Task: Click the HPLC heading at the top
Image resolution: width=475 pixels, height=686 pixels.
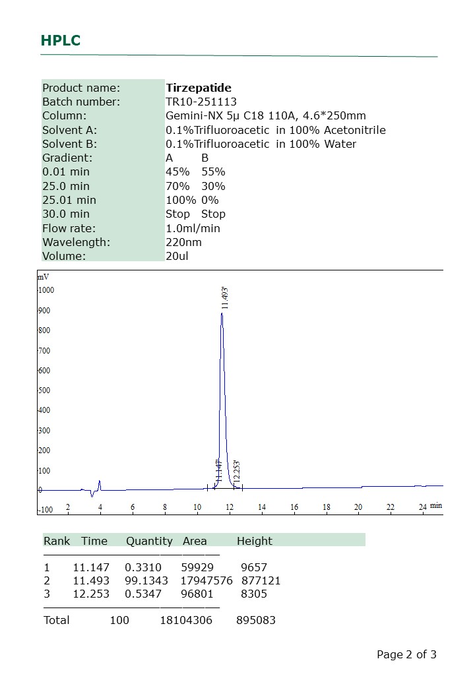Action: pyautogui.click(x=60, y=40)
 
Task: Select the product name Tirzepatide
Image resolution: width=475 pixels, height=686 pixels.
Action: pyautogui.click(x=199, y=88)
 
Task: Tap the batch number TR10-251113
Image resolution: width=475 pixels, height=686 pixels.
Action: pyautogui.click(x=201, y=102)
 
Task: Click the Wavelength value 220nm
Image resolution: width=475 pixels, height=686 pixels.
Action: pyautogui.click(x=183, y=242)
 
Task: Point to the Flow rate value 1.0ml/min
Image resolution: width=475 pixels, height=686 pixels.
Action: pyautogui.click(x=193, y=228)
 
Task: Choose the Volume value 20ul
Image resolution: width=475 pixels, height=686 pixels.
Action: pyautogui.click(x=177, y=256)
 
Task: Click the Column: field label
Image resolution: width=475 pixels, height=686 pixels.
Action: pyautogui.click(x=65, y=115)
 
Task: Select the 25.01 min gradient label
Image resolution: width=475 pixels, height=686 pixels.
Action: pyautogui.click(x=69, y=200)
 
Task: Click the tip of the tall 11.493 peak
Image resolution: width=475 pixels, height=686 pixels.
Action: pyautogui.click(x=222, y=313)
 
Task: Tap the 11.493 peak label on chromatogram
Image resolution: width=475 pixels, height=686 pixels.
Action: pyautogui.click(x=225, y=298)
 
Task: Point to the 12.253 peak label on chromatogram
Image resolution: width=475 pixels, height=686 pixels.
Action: pyautogui.click(x=237, y=470)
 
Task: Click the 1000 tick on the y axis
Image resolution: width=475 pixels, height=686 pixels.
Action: pyautogui.click(x=46, y=290)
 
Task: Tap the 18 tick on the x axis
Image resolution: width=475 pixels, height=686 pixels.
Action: pyautogui.click(x=327, y=507)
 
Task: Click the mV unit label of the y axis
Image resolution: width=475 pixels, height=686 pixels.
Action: pyautogui.click(x=43, y=277)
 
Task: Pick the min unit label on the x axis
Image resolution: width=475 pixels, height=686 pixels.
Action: pyautogui.click(x=436, y=505)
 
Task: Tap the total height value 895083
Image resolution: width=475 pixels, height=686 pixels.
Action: pyautogui.click(x=256, y=621)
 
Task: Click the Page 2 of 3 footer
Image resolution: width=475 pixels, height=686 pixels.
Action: pyautogui.click(x=406, y=654)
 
